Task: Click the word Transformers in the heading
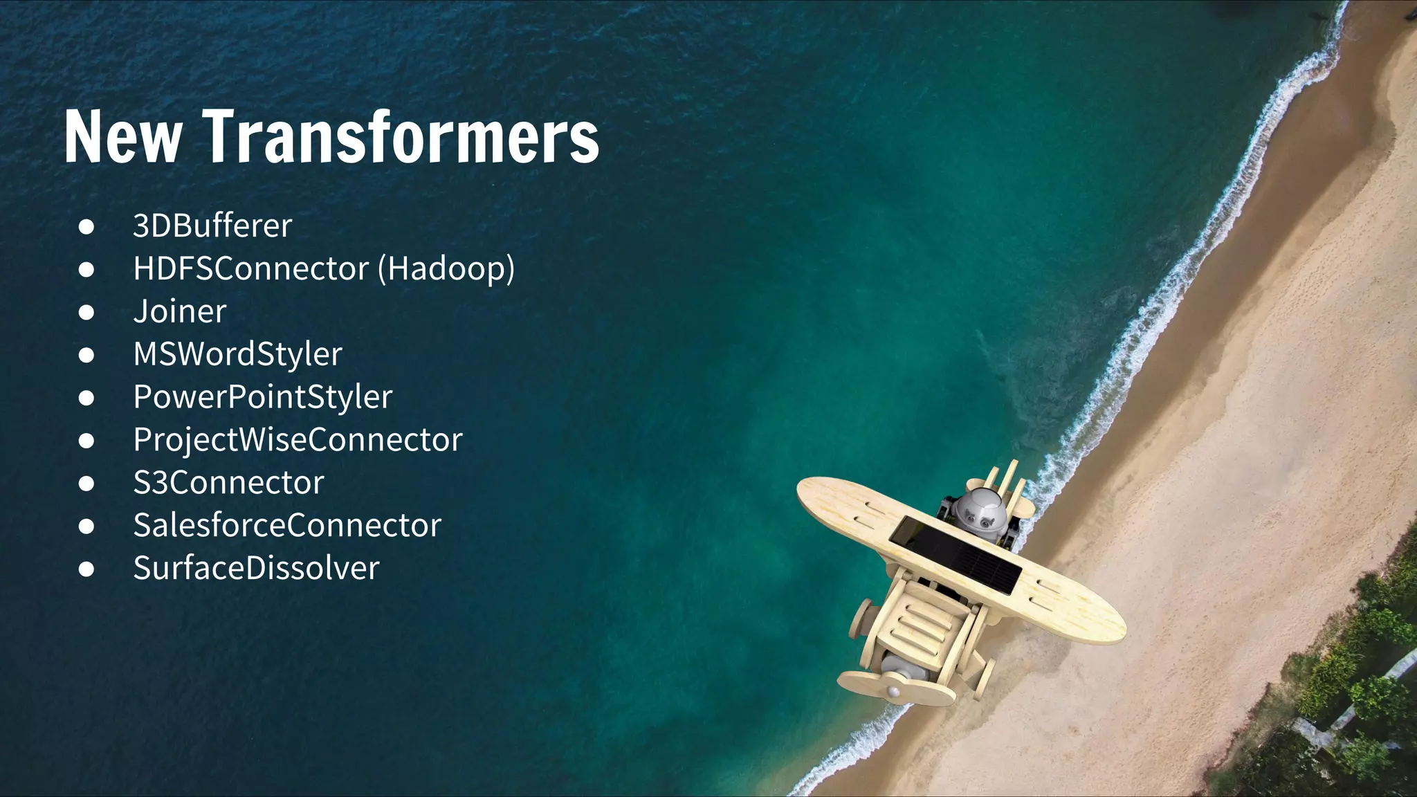coord(401,136)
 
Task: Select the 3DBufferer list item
coord(212,226)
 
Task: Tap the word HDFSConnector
coord(251,268)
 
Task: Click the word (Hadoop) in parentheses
coord(446,268)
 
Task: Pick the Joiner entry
coord(180,311)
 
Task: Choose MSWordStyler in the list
coord(237,354)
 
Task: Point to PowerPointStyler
coord(263,397)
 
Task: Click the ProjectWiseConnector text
coord(298,440)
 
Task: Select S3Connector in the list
coord(228,483)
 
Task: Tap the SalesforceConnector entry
coord(287,526)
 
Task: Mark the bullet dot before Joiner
coord(86,312)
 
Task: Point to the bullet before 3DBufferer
coord(86,226)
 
